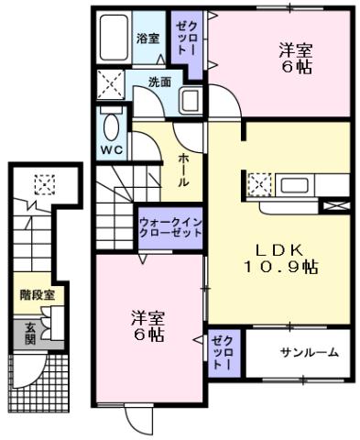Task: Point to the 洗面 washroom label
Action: (x=159, y=82)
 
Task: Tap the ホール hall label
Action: (x=183, y=170)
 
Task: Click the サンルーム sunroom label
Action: (x=309, y=352)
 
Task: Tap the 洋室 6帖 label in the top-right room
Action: (x=296, y=61)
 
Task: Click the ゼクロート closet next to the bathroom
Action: (x=186, y=39)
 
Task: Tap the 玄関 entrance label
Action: (x=29, y=335)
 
